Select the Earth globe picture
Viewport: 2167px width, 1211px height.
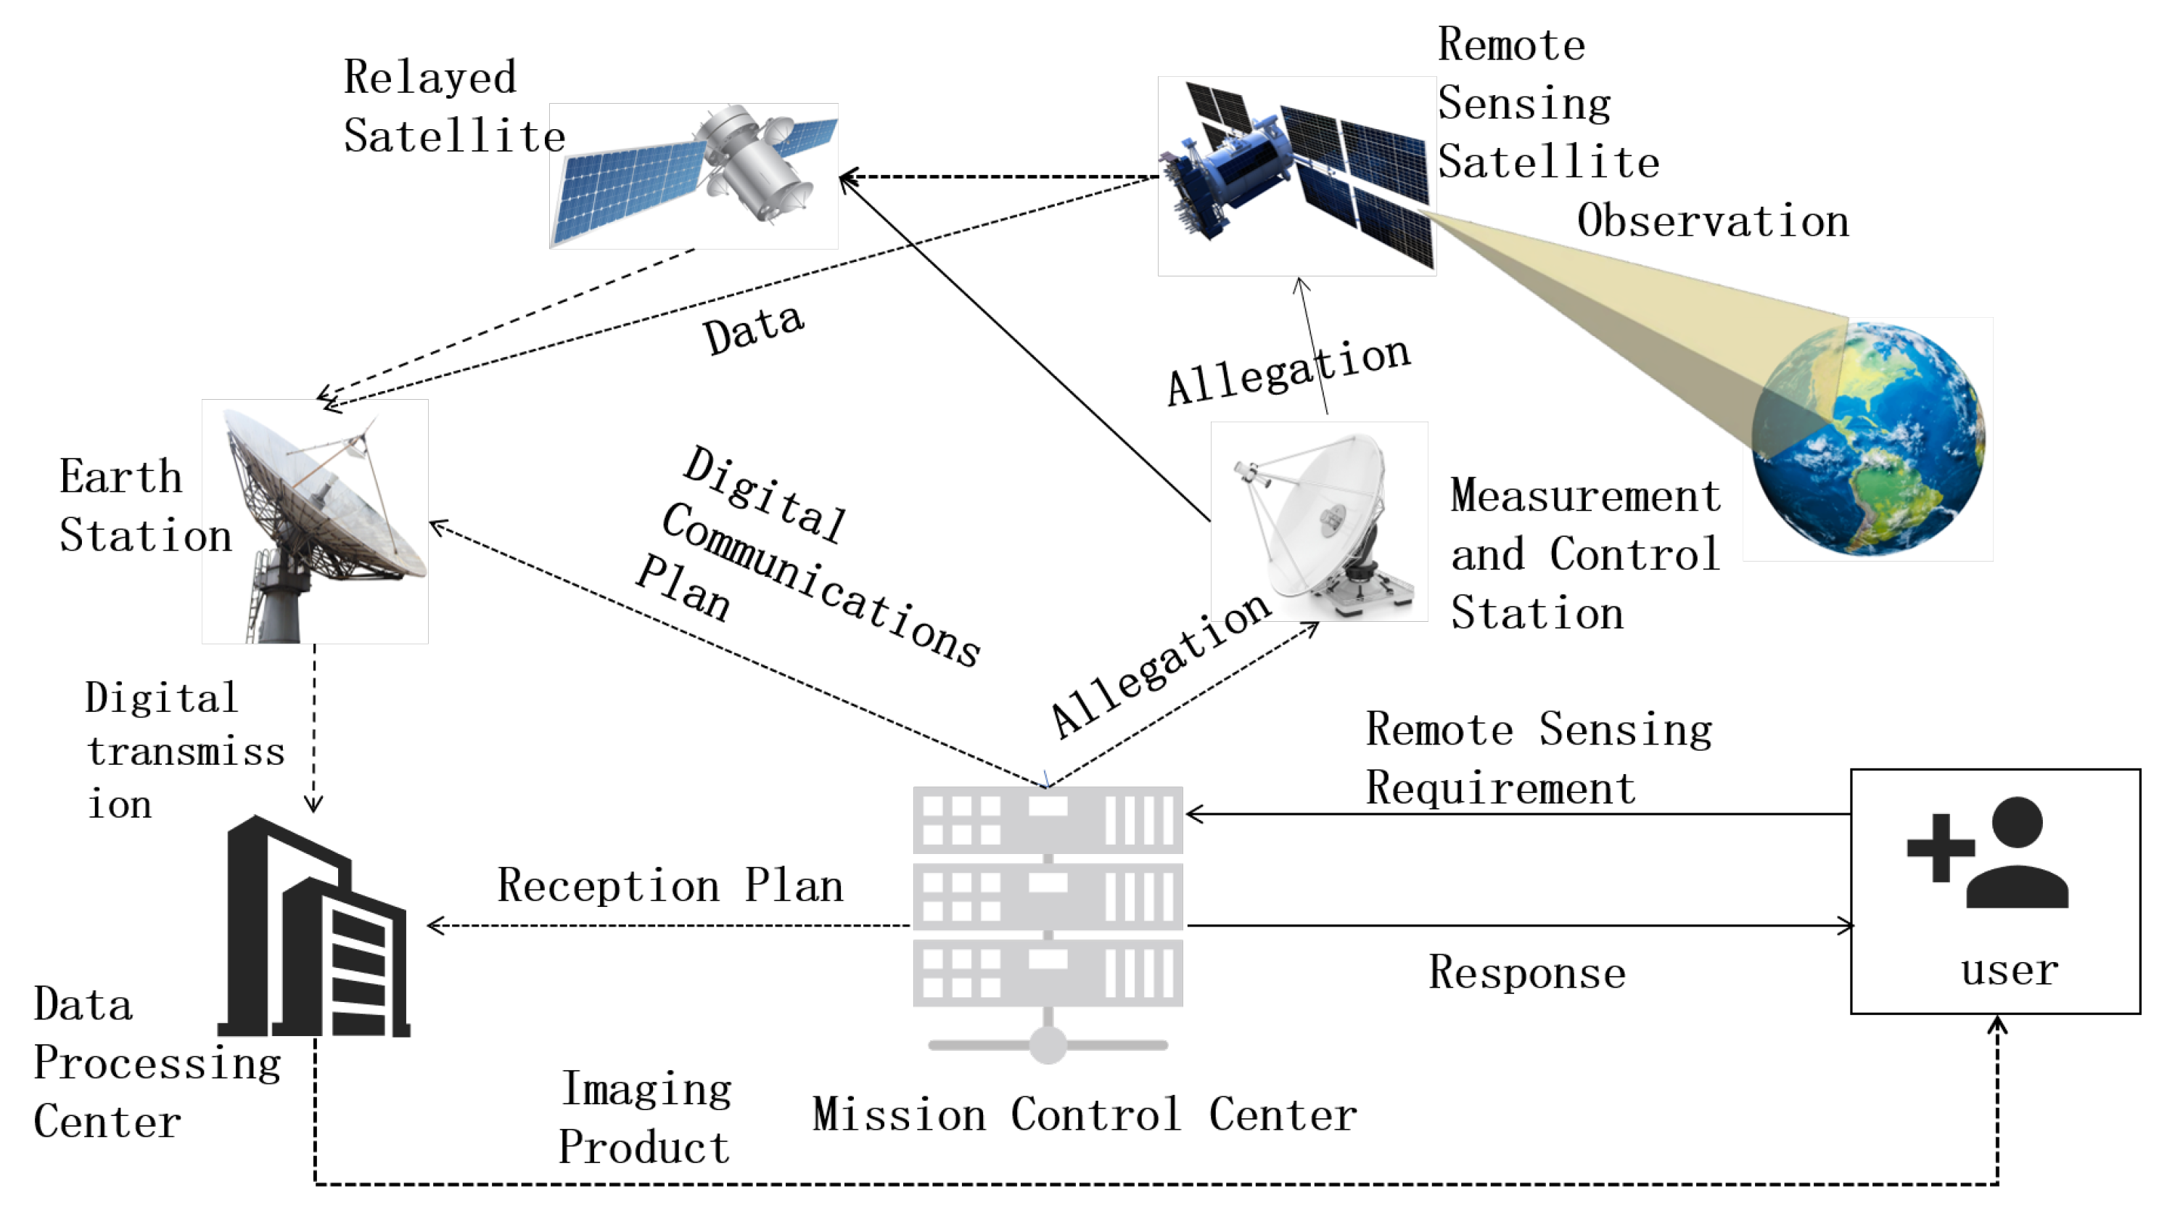1870,439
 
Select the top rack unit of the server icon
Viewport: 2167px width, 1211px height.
1048,820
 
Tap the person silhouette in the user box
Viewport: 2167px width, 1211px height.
2018,854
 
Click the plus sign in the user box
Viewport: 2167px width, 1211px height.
1941,847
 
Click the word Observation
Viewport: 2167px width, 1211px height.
1712,221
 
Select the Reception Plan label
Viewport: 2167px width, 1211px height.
670,885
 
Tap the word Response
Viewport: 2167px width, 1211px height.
1527,973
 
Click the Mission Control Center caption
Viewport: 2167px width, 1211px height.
1085,1115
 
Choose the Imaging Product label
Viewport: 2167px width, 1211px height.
644,1117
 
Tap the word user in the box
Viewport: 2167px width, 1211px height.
2009,970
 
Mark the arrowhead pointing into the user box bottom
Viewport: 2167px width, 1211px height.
1997,1025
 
